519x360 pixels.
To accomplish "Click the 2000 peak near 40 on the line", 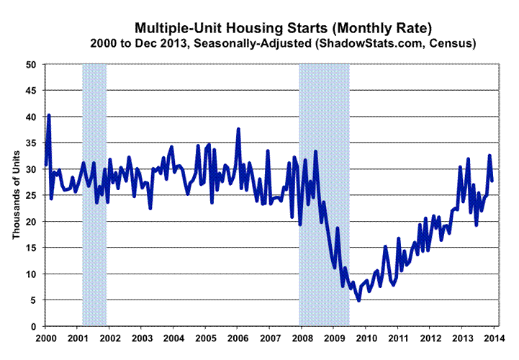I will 49,115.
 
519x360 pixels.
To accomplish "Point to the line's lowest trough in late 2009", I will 358,300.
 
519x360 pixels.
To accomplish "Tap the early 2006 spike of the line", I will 238,130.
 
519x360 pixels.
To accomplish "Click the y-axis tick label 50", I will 32,64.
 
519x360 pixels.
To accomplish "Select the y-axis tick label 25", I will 32,195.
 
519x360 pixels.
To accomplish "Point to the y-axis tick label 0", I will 35,326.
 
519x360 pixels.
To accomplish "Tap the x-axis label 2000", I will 45,338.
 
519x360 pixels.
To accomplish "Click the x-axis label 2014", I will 492,338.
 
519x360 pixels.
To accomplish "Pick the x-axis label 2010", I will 364,338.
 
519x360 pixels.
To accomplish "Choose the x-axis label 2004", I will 173,338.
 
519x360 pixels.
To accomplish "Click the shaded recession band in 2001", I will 94,194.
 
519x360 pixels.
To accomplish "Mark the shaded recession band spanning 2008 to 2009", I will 324,194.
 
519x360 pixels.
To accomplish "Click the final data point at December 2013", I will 492,181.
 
